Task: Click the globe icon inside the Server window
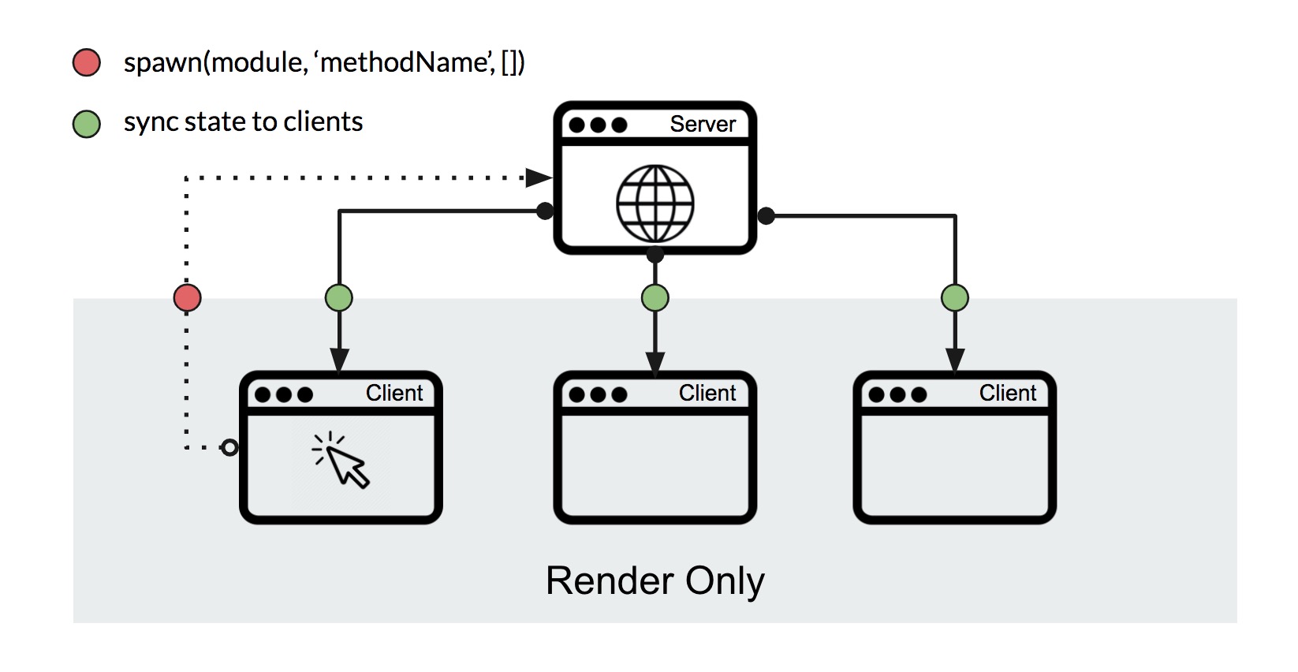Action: pyautogui.click(x=655, y=203)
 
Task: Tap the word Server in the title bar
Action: pyautogui.click(x=702, y=124)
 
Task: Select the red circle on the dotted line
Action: pyautogui.click(x=187, y=298)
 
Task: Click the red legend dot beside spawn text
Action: pyautogui.click(x=87, y=62)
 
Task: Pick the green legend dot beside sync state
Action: pyautogui.click(x=87, y=124)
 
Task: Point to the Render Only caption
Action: pyautogui.click(x=655, y=581)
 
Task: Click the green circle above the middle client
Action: pyautogui.click(x=655, y=298)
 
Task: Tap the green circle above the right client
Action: pyautogui.click(x=955, y=298)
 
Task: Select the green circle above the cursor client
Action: pyautogui.click(x=339, y=298)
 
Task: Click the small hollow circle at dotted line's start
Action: pyautogui.click(x=229, y=448)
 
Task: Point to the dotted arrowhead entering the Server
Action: pyautogui.click(x=539, y=177)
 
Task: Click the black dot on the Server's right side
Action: pyautogui.click(x=766, y=215)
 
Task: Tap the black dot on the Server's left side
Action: pyautogui.click(x=545, y=211)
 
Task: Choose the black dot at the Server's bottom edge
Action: pyautogui.click(x=655, y=255)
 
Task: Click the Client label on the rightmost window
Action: pyautogui.click(x=1007, y=393)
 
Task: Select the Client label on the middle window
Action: pyautogui.click(x=707, y=393)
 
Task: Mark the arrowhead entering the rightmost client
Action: pyautogui.click(x=955, y=360)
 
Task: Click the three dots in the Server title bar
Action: pyautogui.click(x=598, y=125)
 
